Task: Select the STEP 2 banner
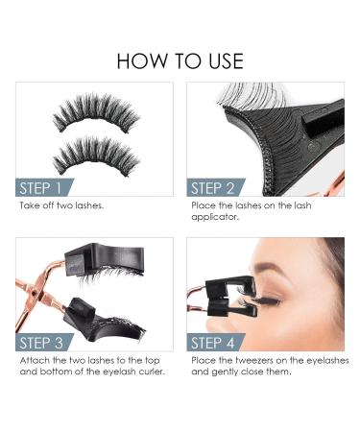coord(218,188)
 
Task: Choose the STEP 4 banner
coord(218,343)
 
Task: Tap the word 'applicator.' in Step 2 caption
coord(215,217)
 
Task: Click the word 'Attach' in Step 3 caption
coord(33,360)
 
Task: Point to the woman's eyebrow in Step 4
coord(288,275)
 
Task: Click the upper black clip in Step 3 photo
coord(110,260)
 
